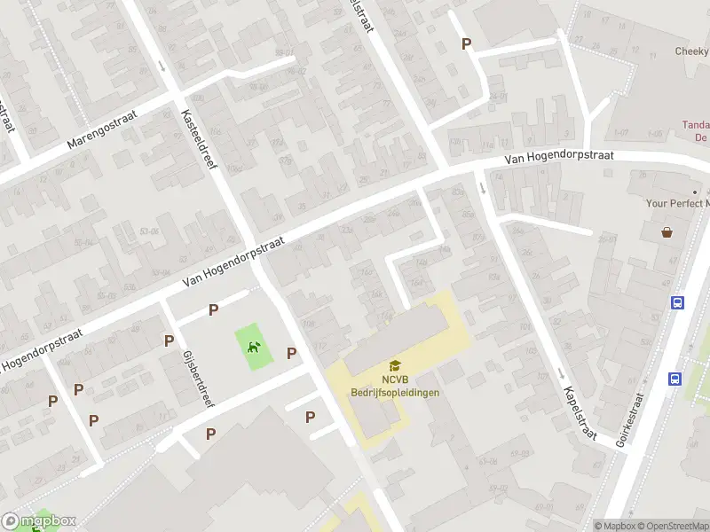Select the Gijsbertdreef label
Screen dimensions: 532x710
point(198,378)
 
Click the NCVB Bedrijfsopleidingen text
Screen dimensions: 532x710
point(395,386)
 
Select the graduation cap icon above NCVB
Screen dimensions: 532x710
point(394,365)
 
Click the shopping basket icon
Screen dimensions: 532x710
point(667,233)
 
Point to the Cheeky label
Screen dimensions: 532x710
point(691,51)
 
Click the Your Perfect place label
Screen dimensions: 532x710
point(677,203)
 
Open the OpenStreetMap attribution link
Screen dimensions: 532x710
point(673,526)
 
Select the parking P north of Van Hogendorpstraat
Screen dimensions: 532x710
point(466,43)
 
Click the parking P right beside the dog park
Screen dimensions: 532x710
point(291,353)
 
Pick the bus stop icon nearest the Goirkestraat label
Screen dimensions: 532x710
point(674,379)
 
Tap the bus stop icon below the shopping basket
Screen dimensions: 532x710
point(677,302)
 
